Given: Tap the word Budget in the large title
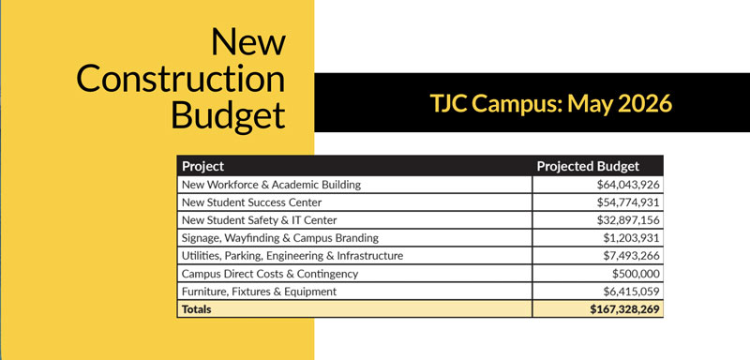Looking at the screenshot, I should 228,115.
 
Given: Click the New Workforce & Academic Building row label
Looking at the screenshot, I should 272,185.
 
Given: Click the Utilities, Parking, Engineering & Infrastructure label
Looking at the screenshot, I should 292,256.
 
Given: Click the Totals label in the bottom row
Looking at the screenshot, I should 198,308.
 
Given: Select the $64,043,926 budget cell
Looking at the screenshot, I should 624,185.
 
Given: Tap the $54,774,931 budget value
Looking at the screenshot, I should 624,202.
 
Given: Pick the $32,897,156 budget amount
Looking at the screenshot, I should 624,220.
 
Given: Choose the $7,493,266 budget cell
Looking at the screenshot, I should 628,256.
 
